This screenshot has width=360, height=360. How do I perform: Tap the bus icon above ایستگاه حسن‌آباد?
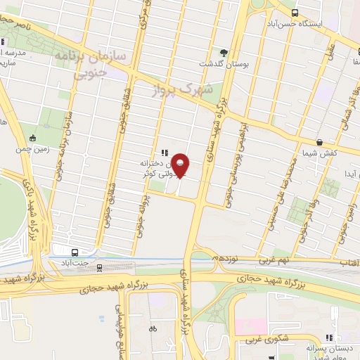(x=294, y=12)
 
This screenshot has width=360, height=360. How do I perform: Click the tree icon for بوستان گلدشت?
(x=224, y=52)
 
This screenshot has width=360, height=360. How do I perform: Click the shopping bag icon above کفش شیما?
(x=319, y=141)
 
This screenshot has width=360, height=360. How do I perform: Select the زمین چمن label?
(x=32, y=149)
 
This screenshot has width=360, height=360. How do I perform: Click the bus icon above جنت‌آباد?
(x=75, y=252)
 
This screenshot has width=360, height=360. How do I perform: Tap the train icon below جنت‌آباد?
(x=98, y=267)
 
